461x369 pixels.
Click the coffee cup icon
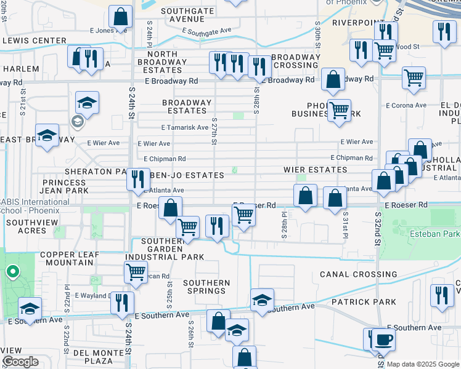click(383, 339)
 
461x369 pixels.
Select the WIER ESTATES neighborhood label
click(314, 169)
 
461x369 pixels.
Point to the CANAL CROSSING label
click(358, 274)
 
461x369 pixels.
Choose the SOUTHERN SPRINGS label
click(206, 287)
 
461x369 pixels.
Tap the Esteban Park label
click(434, 234)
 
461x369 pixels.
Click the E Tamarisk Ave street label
click(185, 128)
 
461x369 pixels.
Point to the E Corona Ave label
click(406, 105)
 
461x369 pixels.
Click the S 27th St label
click(214, 132)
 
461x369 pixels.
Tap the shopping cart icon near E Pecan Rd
click(136, 271)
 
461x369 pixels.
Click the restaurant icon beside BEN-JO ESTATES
click(137, 179)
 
